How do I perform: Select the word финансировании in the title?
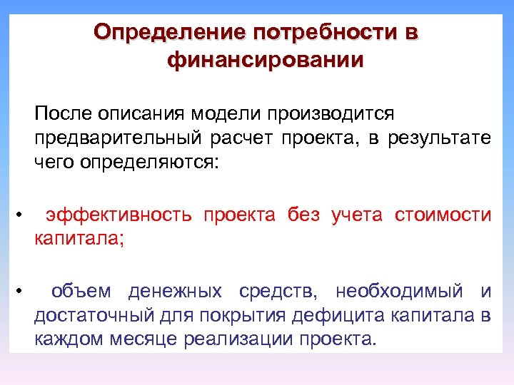pos(265,61)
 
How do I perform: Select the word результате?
pos(440,138)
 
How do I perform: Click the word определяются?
pos(147,163)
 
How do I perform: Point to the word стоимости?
pos(443,215)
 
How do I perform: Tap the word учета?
pos(357,215)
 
